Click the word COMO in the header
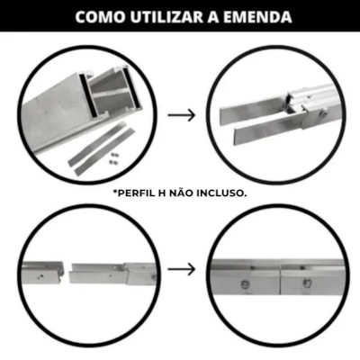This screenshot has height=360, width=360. point(100,17)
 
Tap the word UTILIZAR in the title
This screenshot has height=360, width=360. point(166,17)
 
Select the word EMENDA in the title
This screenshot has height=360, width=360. point(257,17)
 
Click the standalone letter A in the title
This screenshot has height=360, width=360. point(213,17)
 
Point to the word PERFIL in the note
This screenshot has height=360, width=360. point(136,193)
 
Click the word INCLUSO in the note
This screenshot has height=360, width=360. point(221,193)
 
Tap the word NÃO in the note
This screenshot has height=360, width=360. point(181,193)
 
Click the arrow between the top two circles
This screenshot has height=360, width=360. point(182,115)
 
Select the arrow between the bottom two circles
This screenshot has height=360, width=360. point(182,269)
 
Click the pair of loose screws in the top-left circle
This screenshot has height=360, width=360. point(113,158)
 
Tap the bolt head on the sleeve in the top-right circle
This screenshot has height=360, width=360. point(324,113)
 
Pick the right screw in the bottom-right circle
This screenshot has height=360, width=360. point(307,283)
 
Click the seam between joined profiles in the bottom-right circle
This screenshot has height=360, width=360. point(280,276)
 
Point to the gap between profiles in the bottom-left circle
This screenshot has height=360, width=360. point(67,274)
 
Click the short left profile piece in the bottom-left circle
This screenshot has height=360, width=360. point(43,273)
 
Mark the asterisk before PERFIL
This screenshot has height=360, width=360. point(115,192)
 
